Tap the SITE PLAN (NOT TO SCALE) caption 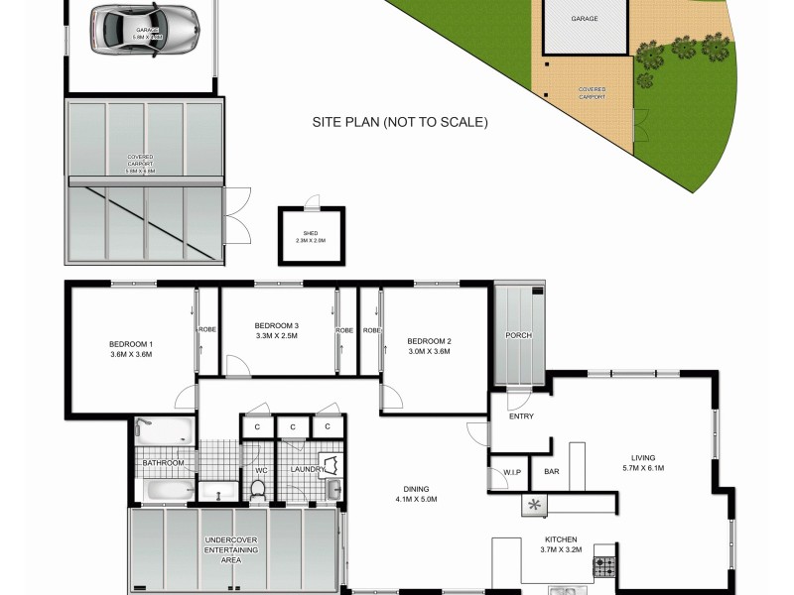coord(400,123)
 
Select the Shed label coord(311,235)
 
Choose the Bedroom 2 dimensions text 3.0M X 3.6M coord(429,351)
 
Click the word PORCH coord(518,335)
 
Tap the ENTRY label coord(521,416)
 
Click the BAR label coord(552,471)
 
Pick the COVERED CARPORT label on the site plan coord(592,93)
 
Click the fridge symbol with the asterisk coord(536,505)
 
